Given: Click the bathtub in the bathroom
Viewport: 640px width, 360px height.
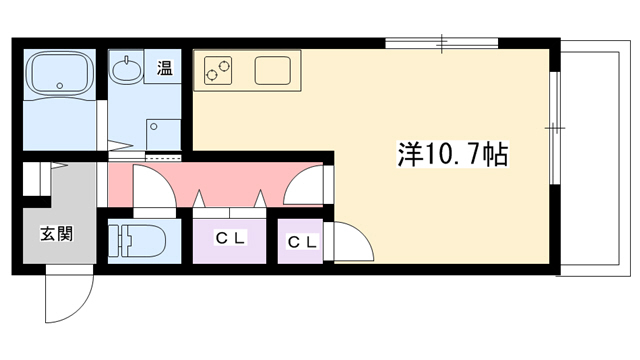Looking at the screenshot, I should pyautogui.click(x=58, y=74).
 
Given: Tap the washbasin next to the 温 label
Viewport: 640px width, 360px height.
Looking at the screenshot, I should pyautogui.click(x=125, y=71).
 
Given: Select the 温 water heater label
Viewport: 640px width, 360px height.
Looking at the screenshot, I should pyautogui.click(x=163, y=69).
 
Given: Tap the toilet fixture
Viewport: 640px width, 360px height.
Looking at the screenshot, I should pyautogui.click(x=134, y=240).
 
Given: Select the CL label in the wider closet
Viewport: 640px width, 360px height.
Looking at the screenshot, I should pyautogui.click(x=230, y=239).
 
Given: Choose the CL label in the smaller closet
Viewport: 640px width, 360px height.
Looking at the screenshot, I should pyautogui.click(x=302, y=241).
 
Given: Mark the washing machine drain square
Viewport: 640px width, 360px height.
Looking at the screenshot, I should pyautogui.click(x=160, y=134).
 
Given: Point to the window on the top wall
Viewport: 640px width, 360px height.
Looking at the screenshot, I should pyautogui.click(x=441, y=44).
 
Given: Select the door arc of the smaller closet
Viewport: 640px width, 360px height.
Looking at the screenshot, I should pyautogui.click(x=350, y=242).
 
